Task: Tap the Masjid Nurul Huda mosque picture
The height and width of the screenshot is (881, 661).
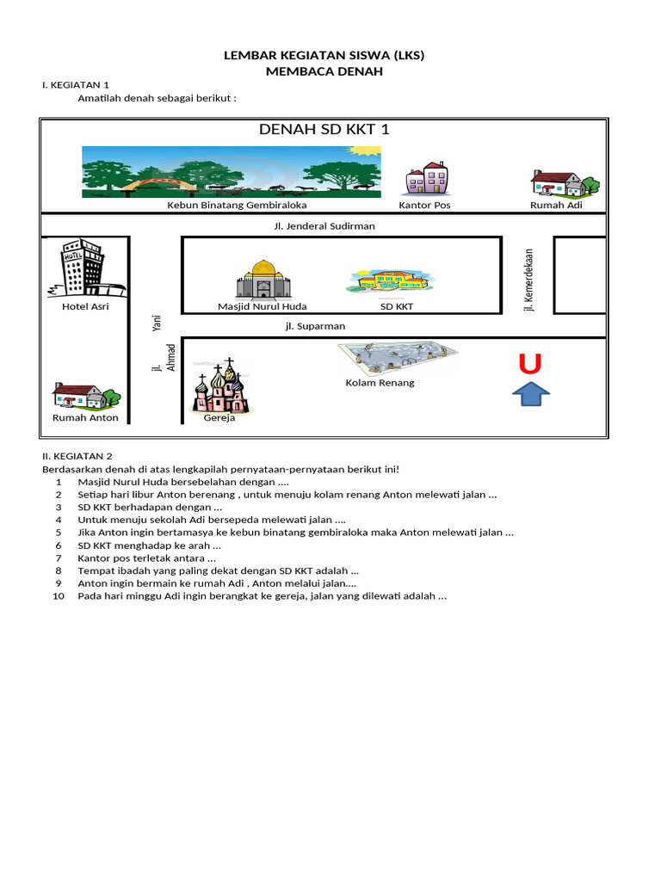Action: click(x=263, y=280)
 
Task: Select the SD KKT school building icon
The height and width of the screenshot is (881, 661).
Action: click(x=392, y=280)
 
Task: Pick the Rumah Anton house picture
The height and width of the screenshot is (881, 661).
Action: click(x=85, y=397)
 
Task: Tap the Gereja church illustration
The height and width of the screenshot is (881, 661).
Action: click(x=221, y=388)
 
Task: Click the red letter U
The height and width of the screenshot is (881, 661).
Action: click(x=530, y=365)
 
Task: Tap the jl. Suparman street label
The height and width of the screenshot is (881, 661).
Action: click(x=315, y=326)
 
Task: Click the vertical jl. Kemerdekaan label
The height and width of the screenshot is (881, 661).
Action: click(x=529, y=280)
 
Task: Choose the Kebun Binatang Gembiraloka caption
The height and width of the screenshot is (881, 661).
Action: click(x=237, y=206)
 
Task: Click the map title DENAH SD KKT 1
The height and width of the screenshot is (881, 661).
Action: click(x=324, y=130)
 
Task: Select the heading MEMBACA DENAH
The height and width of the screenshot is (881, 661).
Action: click(x=324, y=72)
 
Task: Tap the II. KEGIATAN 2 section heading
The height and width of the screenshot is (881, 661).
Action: click(x=77, y=456)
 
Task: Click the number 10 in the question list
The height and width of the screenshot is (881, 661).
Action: click(x=59, y=596)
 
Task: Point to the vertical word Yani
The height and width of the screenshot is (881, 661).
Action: click(x=157, y=322)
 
